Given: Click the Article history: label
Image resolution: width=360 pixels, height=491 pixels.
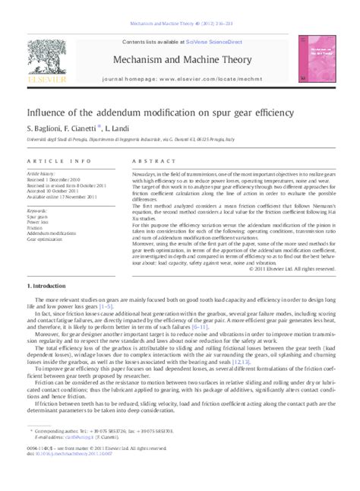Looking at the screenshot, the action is pos(42,174).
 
